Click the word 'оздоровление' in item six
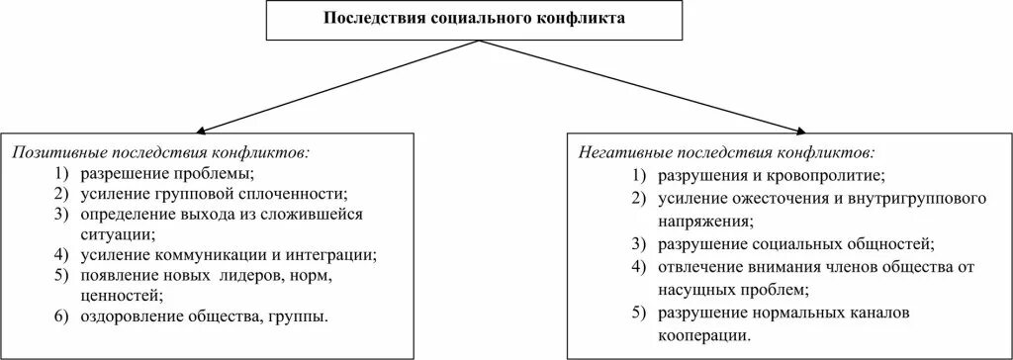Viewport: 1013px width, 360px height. click(x=126, y=317)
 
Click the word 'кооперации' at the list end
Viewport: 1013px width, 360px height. click(x=697, y=335)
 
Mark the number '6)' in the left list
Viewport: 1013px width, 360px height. click(x=61, y=317)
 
